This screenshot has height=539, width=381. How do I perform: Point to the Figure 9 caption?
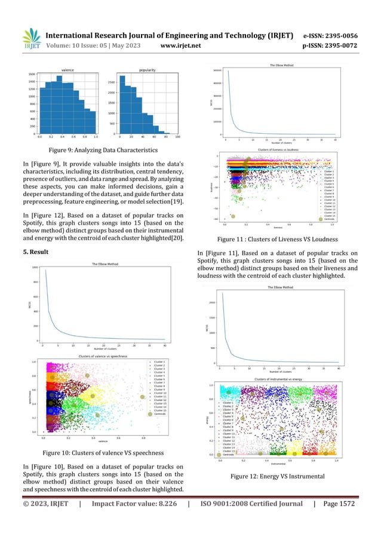coord(102,150)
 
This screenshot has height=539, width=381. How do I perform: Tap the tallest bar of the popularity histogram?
coord(122,105)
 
